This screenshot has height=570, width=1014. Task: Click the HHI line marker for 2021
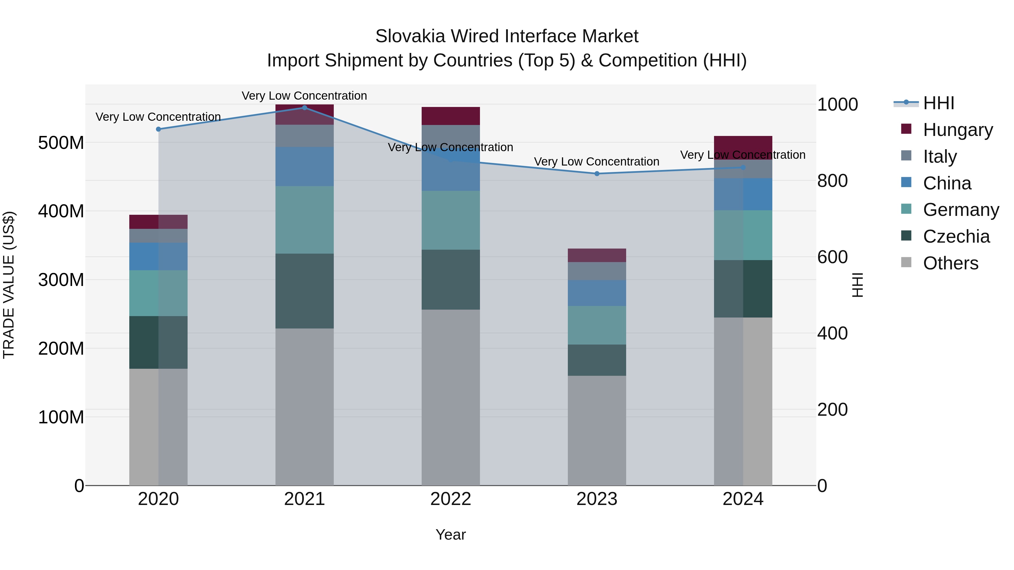click(304, 108)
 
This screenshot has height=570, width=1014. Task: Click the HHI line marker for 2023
click(597, 173)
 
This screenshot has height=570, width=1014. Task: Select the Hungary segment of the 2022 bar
click(451, 116)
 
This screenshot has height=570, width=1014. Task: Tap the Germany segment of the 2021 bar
click(304, 220)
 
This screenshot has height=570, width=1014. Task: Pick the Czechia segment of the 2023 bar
click(597, 360)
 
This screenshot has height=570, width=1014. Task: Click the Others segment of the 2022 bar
click(451, 397)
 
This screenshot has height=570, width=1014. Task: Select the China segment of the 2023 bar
click(597, 293)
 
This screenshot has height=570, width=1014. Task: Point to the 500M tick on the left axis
click(61, 142)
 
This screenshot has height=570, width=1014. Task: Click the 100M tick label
click(61, 417)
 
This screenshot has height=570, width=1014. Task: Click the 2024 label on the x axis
click(743, 499)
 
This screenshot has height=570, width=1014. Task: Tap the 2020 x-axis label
click(158, 499)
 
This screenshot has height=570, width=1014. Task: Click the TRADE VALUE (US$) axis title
click(9, 285)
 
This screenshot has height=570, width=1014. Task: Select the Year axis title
click(451, 535)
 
